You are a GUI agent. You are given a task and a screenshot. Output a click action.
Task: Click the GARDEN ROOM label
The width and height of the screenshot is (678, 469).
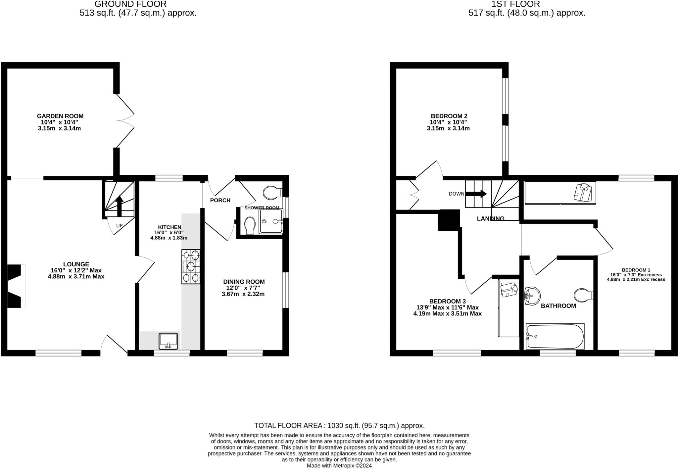click(60, 116)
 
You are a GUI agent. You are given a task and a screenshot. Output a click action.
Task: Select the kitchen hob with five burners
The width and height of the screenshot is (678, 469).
click(191, 266)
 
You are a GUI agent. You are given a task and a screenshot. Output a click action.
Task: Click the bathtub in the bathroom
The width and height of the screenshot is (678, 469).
click(555, 336)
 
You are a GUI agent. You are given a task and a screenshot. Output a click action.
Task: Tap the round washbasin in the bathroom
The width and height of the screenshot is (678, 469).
click(532, 295)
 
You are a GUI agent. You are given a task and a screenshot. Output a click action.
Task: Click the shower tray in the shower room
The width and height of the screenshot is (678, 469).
click(271, 221)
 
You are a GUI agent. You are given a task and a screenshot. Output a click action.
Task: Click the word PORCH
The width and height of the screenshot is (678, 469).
click(220, 200)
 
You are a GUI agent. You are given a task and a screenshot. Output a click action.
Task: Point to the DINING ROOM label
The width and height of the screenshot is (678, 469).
click(244, 282)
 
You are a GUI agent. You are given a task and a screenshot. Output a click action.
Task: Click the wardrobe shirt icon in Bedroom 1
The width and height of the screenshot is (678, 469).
click(583, 193)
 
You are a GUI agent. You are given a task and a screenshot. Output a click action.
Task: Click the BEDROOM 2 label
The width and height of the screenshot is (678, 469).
click(449, 116)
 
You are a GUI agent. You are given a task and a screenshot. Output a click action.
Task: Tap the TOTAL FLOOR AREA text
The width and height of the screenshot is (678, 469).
click(339, 426)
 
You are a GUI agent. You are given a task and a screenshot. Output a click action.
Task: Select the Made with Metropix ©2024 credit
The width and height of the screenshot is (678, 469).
click(339, 466)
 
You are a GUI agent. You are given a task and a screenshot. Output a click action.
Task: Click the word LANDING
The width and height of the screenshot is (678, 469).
click(490, 218)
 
